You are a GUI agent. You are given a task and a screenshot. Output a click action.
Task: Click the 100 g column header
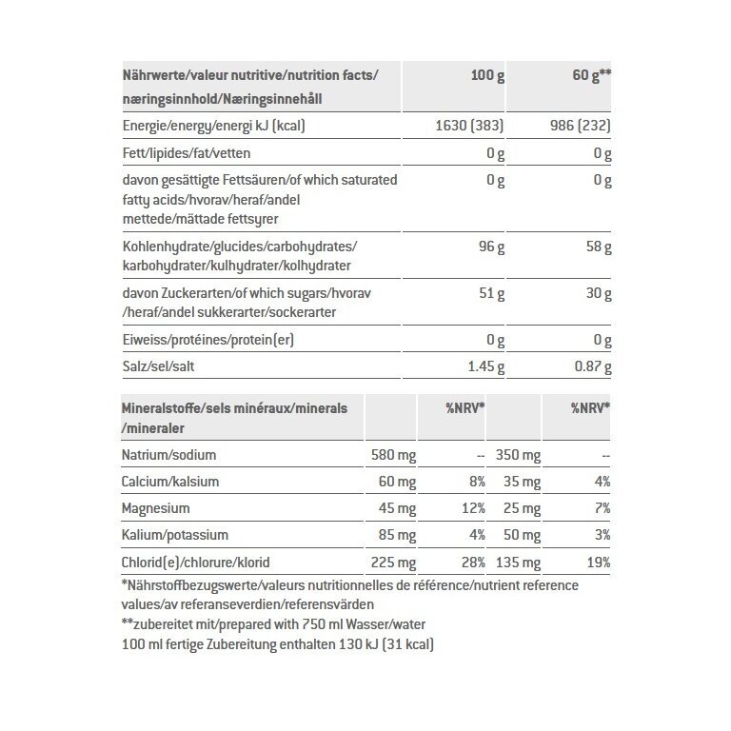point(488,75)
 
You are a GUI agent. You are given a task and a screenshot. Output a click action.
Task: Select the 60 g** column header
point(589,75)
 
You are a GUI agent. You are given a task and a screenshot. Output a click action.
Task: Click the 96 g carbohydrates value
point(489,246)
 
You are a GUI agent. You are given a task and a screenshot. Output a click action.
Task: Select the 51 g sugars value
point(489,292)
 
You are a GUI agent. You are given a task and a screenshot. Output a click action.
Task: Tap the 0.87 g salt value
point(589,365)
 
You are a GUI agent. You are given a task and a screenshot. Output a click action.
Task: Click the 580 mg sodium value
point(393,456)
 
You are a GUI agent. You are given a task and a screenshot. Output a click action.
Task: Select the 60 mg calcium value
point(397,483)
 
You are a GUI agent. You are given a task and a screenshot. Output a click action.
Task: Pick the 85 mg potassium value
point(397,535)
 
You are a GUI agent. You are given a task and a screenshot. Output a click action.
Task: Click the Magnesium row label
point(156,508)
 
